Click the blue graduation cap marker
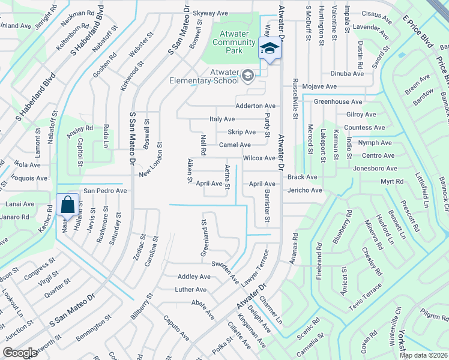click(x=270, y=49)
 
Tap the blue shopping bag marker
click(x=68, y=205)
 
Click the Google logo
click(x=20, y=353)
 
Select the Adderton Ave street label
click(x=255, y=106)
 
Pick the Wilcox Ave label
click(x=259, y=158)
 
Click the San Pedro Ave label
click(x=105, y=190)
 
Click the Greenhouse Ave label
click(x=337, y=102)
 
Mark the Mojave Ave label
click(x=317, y=86)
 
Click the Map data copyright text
click(x=423, y=355)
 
